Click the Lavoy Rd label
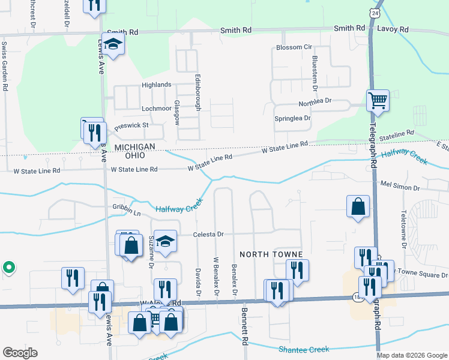point(393,29)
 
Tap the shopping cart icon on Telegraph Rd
point(378,101)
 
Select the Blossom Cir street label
point(294,47)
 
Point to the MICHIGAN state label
point(135,147)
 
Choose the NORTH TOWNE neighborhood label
point(271,254)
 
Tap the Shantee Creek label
point(304,349)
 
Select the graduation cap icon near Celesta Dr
point(166,241)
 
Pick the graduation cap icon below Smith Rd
point(112,44)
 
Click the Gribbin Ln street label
point(126,214)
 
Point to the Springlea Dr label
point(292,119)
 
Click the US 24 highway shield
point(375,13)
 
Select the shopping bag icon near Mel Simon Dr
point(358,206)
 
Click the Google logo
point(20,353)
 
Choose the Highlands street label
point(157,85)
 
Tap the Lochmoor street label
point(157,109)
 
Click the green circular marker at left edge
point(8,267)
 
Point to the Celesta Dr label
point(208,235)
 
